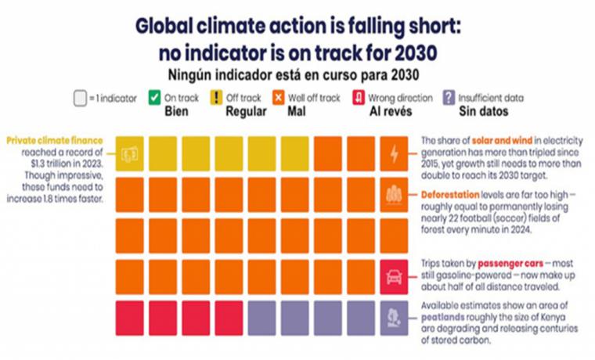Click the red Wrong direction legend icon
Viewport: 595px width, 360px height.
[358, 99]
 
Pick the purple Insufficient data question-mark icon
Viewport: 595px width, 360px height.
[448, 99]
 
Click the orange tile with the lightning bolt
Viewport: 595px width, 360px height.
[394, 154]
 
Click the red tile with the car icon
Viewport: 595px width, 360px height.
[394, 277]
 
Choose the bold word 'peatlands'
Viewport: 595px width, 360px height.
[445, 319]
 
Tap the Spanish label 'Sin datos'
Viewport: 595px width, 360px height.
[481, 111]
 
